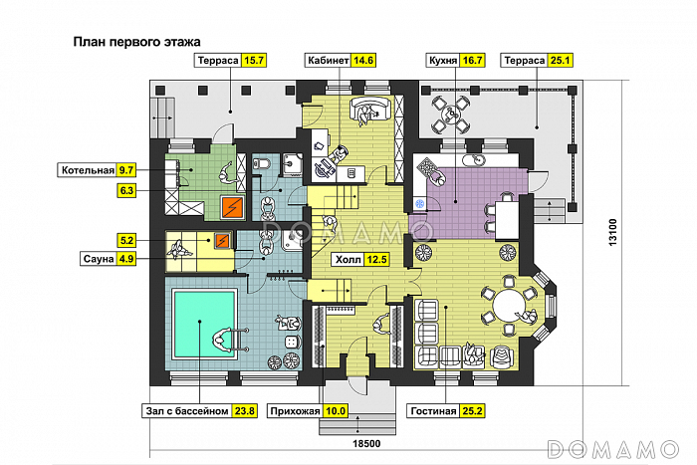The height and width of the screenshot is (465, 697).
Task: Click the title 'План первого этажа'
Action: pos(137,43)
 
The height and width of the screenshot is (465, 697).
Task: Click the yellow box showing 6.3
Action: pos(127,189)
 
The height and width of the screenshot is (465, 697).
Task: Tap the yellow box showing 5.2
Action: pos(126,240)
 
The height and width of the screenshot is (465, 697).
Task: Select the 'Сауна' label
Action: pos(98,259)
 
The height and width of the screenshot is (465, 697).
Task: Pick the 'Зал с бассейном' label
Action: pos(185,410)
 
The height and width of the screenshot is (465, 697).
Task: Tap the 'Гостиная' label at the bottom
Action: pos(432,410)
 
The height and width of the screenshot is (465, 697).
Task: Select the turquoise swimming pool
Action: pos(202,320)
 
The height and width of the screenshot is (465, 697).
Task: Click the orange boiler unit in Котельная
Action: pos(231,206)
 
